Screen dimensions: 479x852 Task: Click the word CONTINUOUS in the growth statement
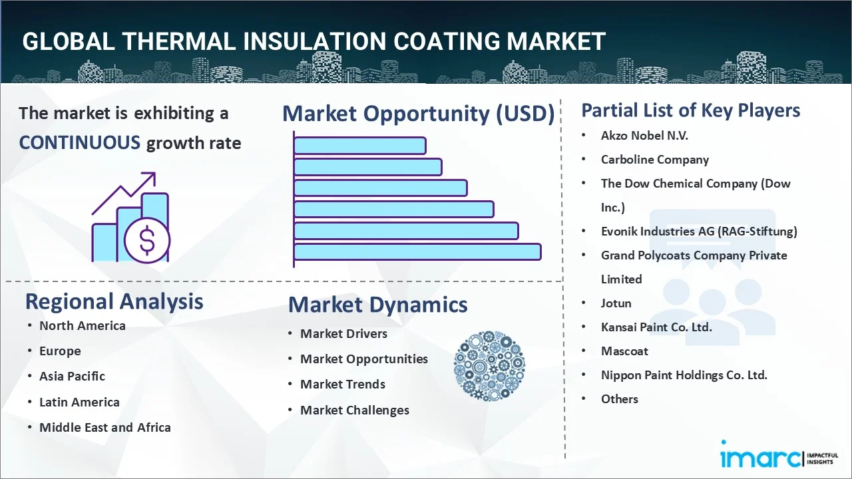click(x=79, y=142)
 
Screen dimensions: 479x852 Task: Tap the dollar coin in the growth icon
click(x=147, y=240)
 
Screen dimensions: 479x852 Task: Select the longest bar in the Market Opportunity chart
click(x=417, y=251)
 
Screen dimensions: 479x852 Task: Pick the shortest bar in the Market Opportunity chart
click(x=359, y=145)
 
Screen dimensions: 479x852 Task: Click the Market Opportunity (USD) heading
click(x=418, y=114)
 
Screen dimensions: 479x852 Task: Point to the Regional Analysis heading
click(x=114, y=301)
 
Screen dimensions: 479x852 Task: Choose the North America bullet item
click(x=82, y=325)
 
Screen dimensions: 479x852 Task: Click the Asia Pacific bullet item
click(x=72, y=376)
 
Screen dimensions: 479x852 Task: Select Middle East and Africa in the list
click(x=105, y=427)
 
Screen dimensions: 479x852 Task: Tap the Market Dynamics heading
click(x=377, y=305)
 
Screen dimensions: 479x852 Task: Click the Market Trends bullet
click(x=342, y=384)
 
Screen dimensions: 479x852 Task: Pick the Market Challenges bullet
click(x=354, y=410)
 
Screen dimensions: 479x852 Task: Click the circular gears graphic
click(x=489, y=366)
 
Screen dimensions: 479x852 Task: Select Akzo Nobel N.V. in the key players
click(x=644, y=136)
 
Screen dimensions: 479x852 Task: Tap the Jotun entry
click(x=616, y=303)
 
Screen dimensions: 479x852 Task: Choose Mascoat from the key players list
click(x=624, y=351)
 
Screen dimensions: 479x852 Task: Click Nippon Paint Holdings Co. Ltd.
click(x=684, y=375)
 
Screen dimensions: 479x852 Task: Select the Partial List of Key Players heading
click(x=690, y=110)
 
